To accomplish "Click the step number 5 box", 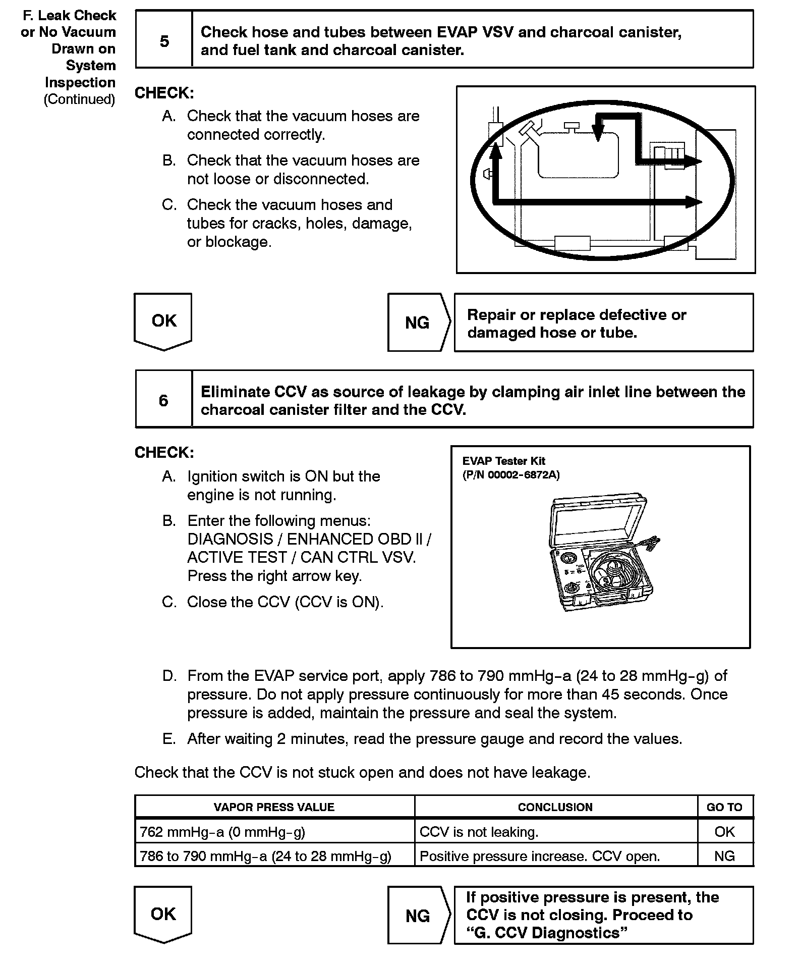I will click(x=164, y=41).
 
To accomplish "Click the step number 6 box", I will click(x=163, y=400).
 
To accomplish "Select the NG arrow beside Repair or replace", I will click(x=418, y=323).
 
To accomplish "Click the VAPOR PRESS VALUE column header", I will click(x=274, y=807).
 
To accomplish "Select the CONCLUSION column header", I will click(x=555, y=807).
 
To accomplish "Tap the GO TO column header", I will click(x=724, y=807).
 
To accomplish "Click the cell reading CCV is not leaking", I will click(x=479, y=832).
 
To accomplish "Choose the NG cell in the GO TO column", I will click(x=724, y=856).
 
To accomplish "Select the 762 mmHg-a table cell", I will click(x=222, y=832).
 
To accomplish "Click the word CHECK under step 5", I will click(x=164, y=93).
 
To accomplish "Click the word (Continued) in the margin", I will click(x=80, y=99).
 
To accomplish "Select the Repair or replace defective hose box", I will click(x=603, y=323).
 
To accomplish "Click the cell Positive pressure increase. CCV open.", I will click(x=540, y=856).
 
